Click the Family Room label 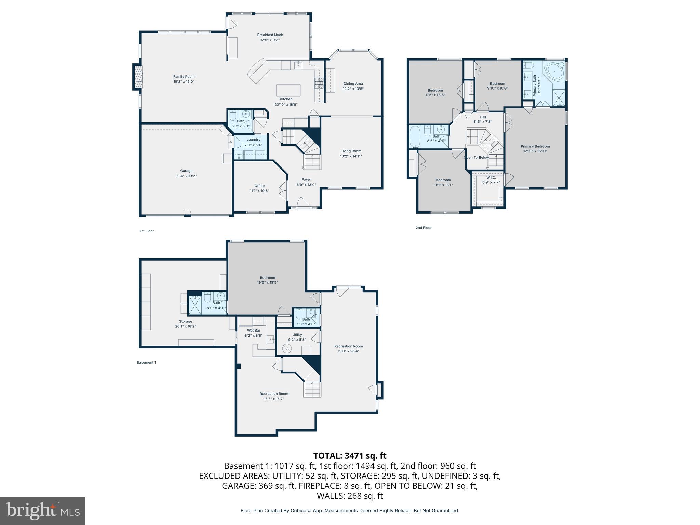pyautogui.click(x=184, y=77)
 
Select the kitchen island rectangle pyautogui.click(x=288, y=91)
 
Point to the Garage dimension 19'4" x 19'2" pyautogui.click(x=186, y=176)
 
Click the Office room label pyautogui.click(x=259, y=186)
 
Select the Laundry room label pyautogui.click(x=253, y=139)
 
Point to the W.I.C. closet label pyautogui.click(x=491, y=178)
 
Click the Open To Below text pyautogui.click(x=476, y=158)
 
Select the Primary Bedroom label pyautogui.click(x=535, y=146)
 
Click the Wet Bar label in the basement pyautogui.click(x=254, y=331)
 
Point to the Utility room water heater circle pyautogui.click(x=287, y=349)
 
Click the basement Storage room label pyautogui.click(x=186, y=321)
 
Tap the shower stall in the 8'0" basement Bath pyautogui.click(x=195, y=304)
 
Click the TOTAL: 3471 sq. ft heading pyautogui.click(x=350, y=456)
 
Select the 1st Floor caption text pyautogui.click(x=147, y=231)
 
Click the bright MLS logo pyautogui.click(x=43, y=511)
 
